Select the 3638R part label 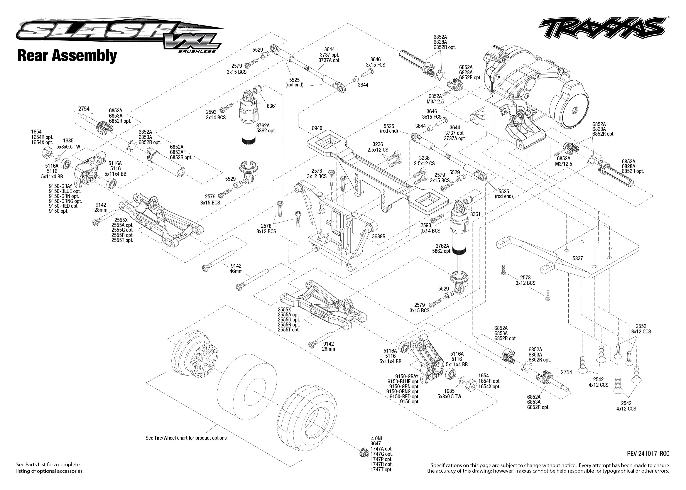pos(378,237)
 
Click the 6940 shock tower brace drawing pos(377,169)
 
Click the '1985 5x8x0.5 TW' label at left pos(68,144)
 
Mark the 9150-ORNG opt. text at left pos(65,201)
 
